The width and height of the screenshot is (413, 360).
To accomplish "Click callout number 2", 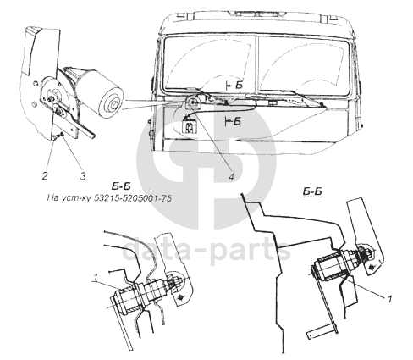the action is [45, 176].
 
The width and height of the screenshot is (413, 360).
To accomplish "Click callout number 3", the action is [83, 176].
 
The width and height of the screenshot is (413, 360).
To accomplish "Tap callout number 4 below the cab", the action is [231, 177].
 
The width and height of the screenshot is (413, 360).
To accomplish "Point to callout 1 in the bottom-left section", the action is [96, 278].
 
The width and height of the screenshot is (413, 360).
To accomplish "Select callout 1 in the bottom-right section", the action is [390, 299].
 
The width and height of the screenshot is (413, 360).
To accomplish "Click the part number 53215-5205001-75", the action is [132, 198].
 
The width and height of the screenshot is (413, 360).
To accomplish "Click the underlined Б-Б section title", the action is [312, 191].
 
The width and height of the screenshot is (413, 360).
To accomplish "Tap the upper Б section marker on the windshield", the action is [236, 85].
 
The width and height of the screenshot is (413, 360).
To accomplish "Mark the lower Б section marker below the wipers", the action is [234, 121].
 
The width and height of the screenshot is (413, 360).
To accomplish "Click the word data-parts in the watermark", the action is [206, 250].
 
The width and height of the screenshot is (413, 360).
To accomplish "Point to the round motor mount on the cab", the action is [194, 102].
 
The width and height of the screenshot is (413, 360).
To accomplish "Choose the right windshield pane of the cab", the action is [304, 65].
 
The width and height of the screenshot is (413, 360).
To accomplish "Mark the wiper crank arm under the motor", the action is [74, 120].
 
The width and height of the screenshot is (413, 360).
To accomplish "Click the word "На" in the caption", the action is [52, 198].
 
